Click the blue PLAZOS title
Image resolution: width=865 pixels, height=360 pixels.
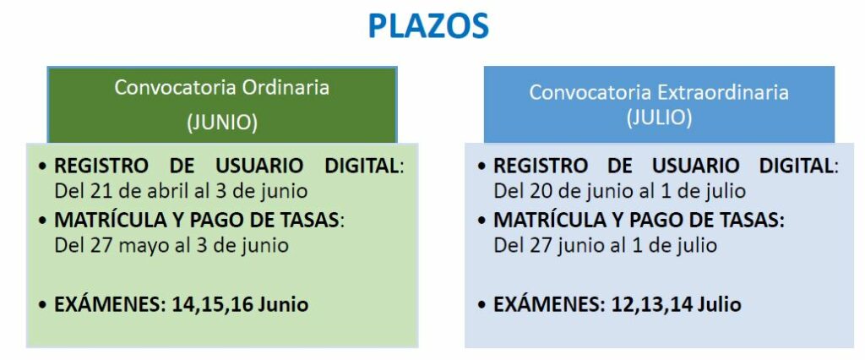[x=428, y=26]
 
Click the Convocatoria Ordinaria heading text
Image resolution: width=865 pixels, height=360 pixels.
[x=222, y=87]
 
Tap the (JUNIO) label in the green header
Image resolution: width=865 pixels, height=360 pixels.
[x=222, y=123]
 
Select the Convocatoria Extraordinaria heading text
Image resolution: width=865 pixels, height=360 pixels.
[x=659, y=91]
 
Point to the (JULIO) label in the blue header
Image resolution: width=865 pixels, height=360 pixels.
[x=659, y=117]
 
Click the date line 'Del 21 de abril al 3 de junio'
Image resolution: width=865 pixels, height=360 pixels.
[x=181, y=191]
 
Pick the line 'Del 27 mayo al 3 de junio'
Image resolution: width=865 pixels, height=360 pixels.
[x=171, y=244]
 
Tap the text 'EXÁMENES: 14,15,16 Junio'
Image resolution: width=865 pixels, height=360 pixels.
[x=181, y=304]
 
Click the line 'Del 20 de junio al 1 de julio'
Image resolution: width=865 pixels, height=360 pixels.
[x=619, y=191]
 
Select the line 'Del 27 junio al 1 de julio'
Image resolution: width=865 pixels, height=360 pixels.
[x=605, y=244]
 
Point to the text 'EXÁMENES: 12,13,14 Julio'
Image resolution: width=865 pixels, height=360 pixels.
[x=617, y=304]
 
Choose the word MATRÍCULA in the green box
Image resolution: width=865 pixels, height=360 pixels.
[x=112, y=220]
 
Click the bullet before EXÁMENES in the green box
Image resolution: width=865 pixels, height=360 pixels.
[x=44, y=305]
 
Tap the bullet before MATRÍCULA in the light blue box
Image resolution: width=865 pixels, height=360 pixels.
[x=483, y=221]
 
